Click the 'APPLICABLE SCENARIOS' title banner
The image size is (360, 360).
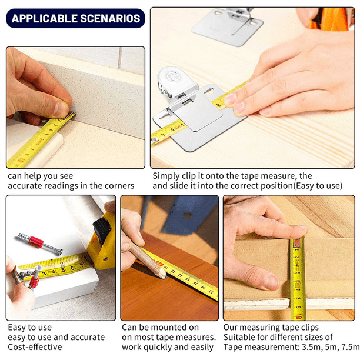coord(76,18)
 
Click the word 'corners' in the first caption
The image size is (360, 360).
coord(116,186)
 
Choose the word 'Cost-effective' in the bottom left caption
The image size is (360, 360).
coord(35,347)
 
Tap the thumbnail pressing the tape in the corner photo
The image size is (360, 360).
coord(61,108)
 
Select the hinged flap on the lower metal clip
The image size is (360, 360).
coord(202,112)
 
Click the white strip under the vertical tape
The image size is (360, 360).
coord(282,305)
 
